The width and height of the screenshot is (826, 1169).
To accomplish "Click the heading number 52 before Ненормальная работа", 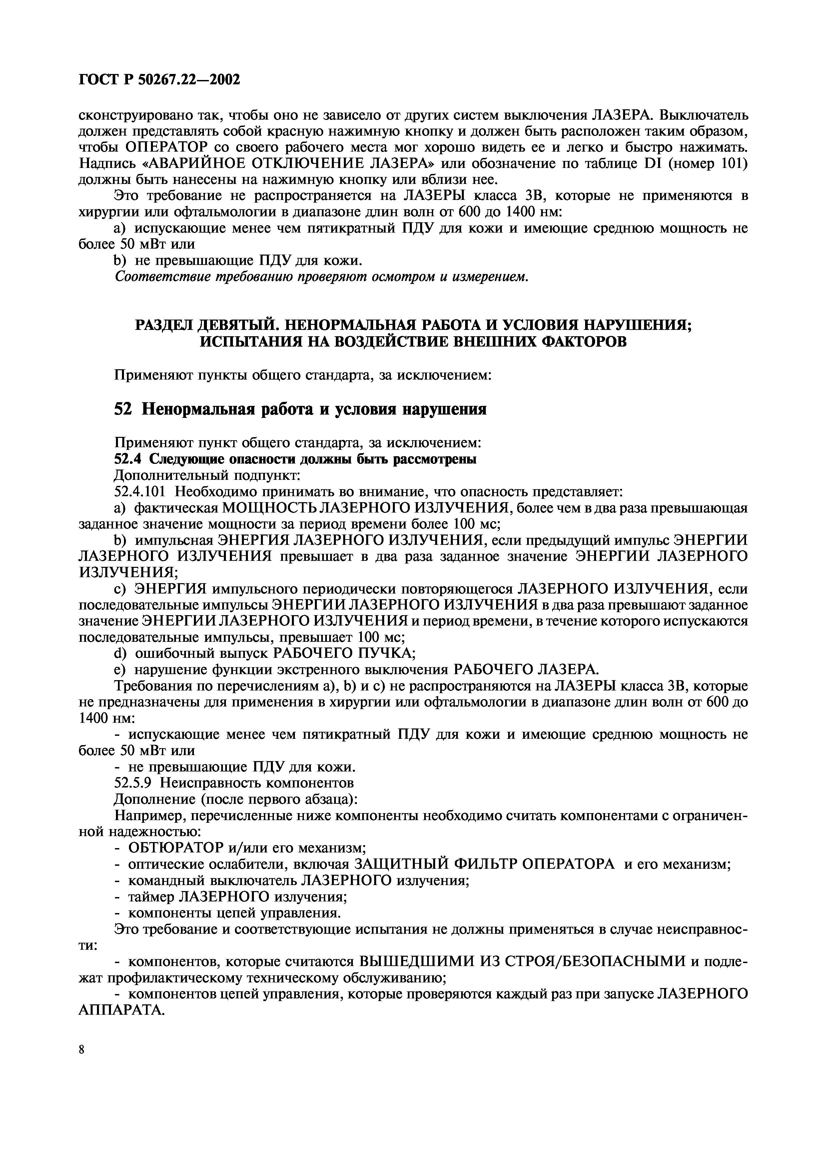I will pyautogui.click(x=123, y=409).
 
